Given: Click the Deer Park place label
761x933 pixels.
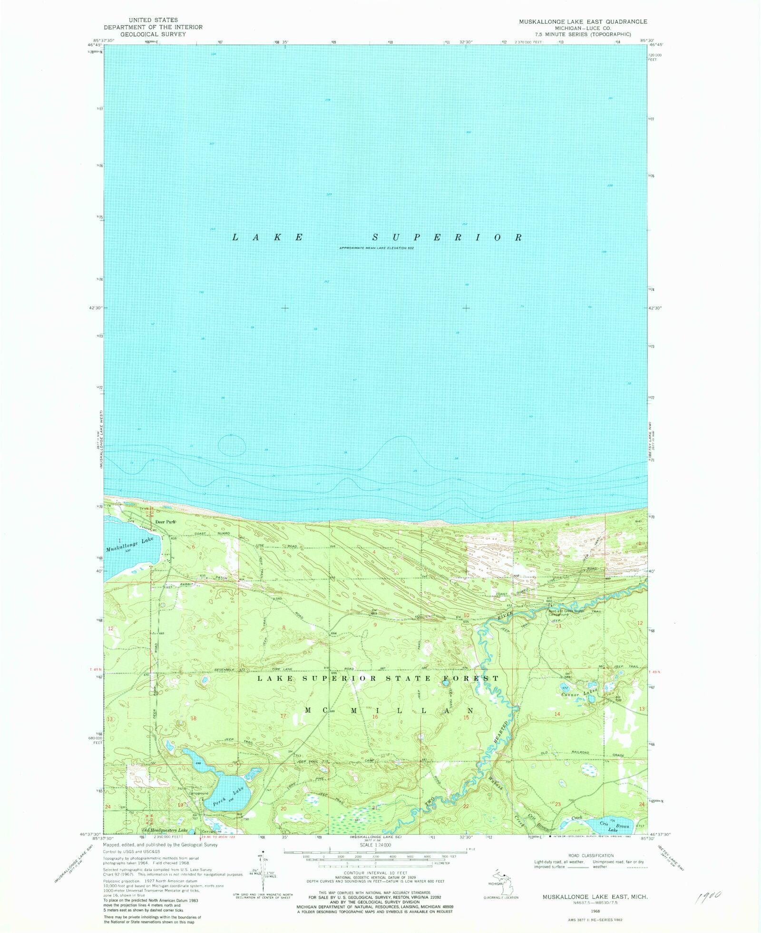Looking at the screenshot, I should point(166,522).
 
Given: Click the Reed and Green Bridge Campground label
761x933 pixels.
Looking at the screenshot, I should point(566,613).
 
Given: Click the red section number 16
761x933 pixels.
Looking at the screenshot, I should point(375,716).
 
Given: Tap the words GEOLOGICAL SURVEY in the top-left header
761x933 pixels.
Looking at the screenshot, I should point(153,34).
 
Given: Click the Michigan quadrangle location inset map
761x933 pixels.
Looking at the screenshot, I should point(500,883).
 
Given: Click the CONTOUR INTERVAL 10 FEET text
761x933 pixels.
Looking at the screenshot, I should point(376,873).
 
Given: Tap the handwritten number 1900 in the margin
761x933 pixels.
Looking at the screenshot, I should point(708,897).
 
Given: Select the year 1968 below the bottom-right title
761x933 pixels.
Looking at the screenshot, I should point(595,912).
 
